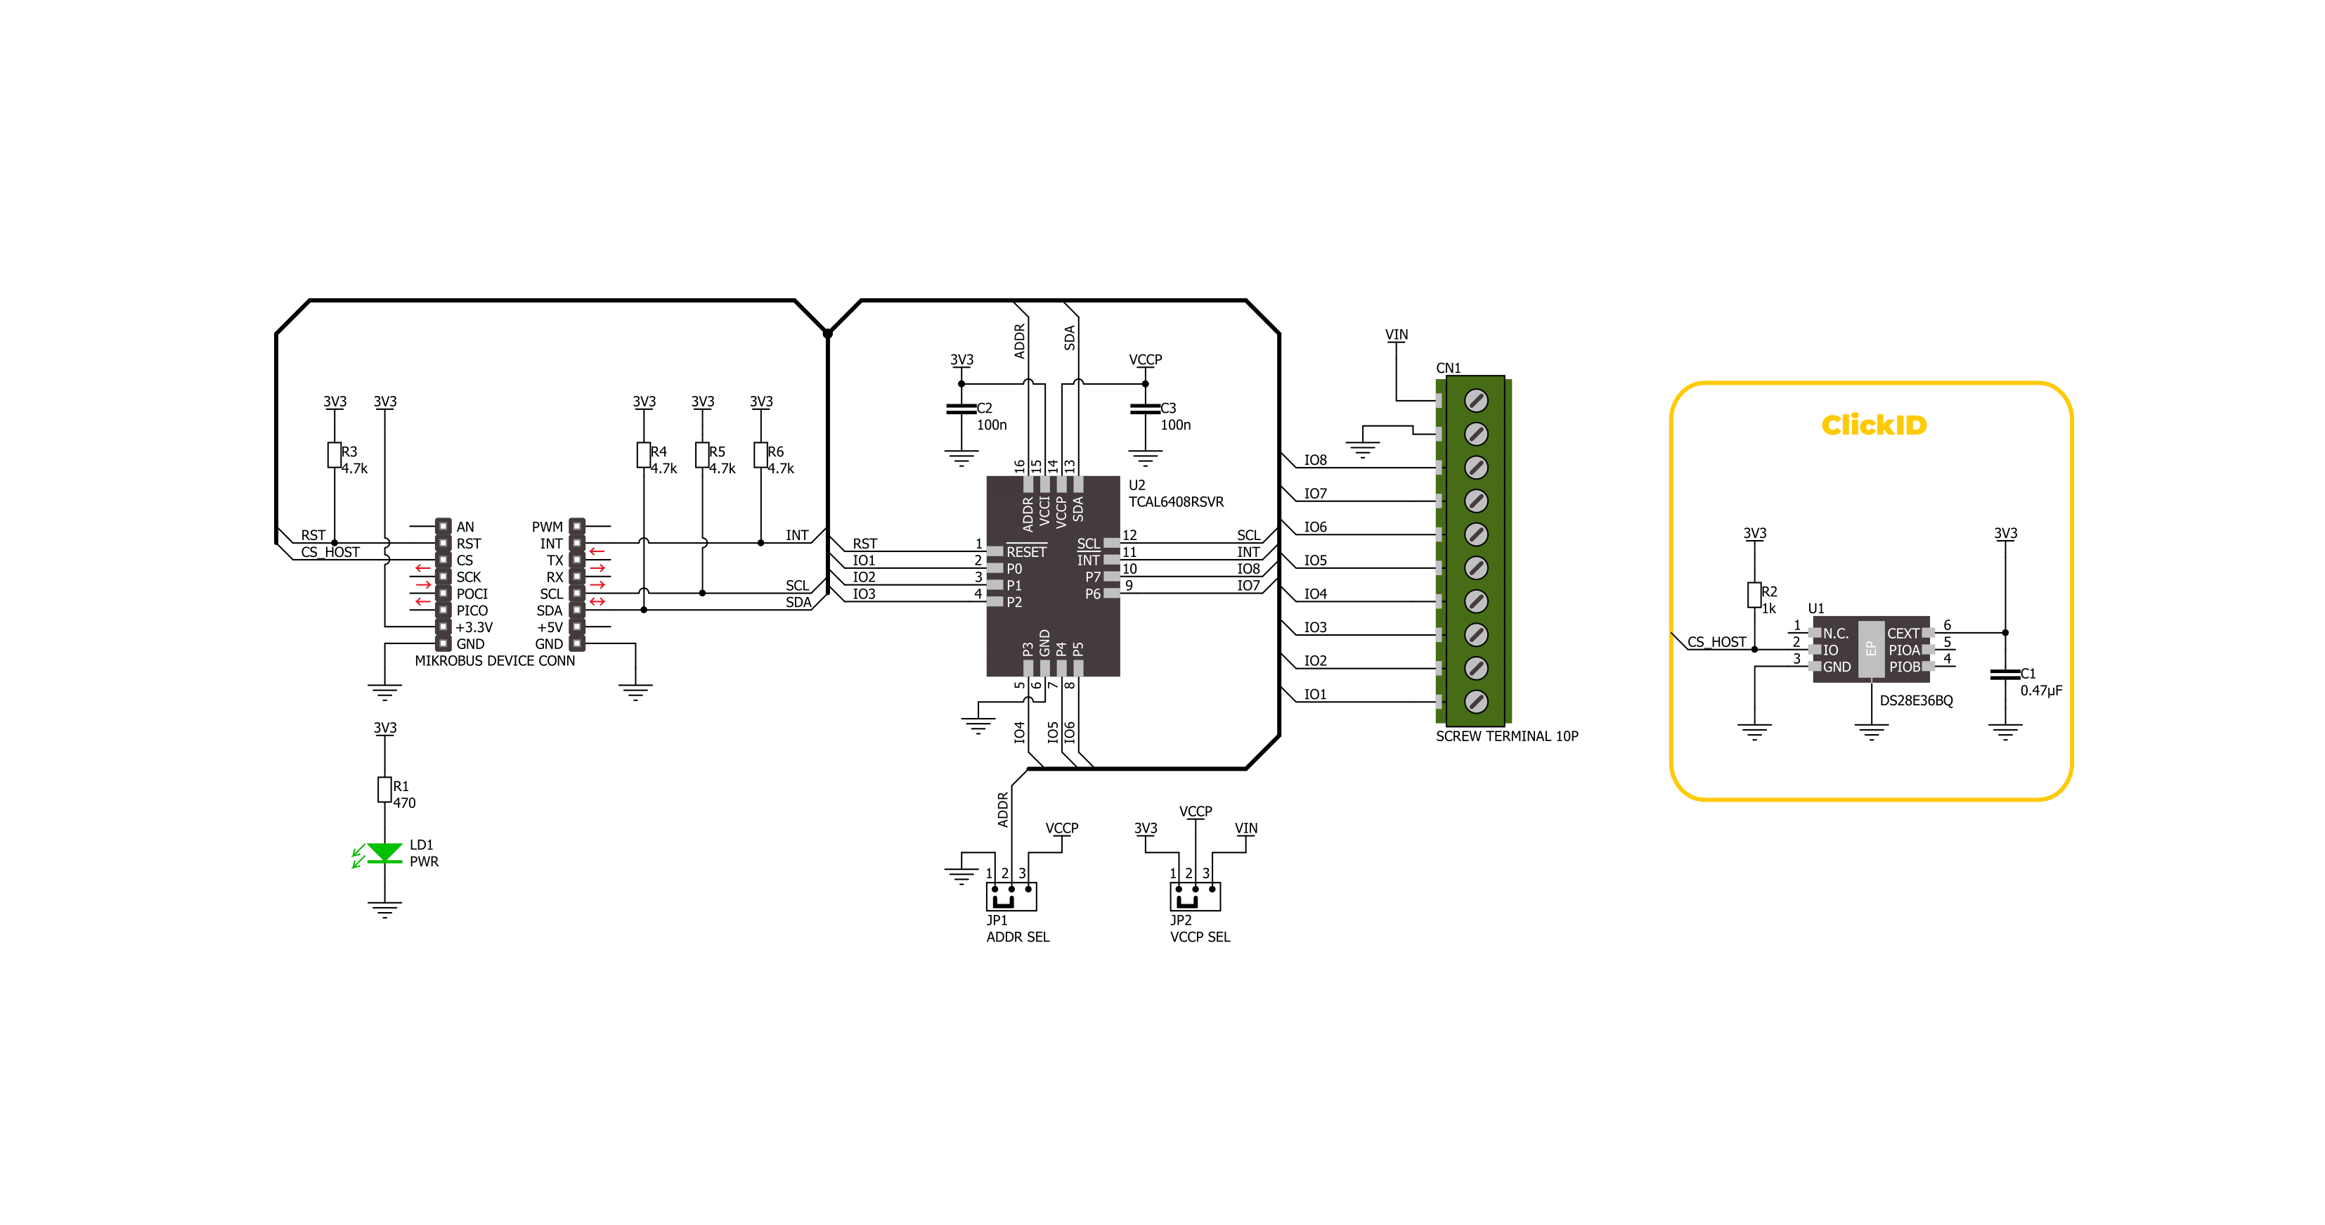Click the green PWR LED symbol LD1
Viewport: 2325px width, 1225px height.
tap(384, 853)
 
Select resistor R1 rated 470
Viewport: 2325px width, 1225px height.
tap(384, 790)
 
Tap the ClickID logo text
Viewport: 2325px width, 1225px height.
tap(1874, 424)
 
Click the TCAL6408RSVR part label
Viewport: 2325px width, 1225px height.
tap(1176, 502)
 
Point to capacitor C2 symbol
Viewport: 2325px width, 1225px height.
tap(961, 409)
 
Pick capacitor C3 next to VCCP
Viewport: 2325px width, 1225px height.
tap(1146, 409)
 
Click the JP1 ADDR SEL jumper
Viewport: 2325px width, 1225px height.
tap(1011, 897)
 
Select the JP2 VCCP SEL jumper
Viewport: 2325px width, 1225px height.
tap(1195, 897)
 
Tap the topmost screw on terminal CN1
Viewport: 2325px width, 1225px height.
tap(1476, 400)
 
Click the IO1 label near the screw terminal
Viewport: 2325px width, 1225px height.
tap(1315, 694)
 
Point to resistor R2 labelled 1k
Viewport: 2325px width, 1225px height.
tap(1754, 595)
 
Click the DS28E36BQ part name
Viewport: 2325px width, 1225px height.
tap(1916, 700)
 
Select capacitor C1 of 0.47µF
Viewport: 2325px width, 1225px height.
tap(2005, 674)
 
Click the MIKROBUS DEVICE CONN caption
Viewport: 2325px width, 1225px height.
tap(495, 661)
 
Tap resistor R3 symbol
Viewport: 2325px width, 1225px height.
tap(334, 455)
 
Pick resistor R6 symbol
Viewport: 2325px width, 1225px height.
tap(761, 455)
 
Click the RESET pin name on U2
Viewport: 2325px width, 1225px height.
tap(1026, 551)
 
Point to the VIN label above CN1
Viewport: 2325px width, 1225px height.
tap(1397, 334)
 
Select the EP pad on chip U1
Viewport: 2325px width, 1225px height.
tap(1871, 649)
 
